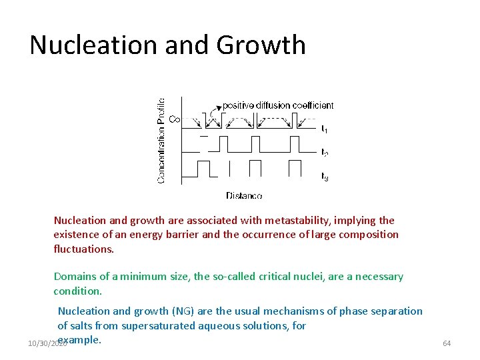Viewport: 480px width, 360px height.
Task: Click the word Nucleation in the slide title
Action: point(87,45)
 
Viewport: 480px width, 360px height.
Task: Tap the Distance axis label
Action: point(244,196)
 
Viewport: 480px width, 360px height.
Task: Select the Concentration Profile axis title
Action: point(161,141)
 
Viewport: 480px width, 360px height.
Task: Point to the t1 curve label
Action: point(324,129)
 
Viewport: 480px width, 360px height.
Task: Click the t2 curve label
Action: point(324,153)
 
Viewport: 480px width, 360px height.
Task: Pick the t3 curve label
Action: point(324,177)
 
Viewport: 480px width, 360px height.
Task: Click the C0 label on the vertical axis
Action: point(175,119)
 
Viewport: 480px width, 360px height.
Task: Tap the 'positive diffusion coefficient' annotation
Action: point(278,105)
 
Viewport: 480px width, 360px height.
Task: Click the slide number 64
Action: point(447,343)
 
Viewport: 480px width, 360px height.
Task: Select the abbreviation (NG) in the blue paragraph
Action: point(184,311)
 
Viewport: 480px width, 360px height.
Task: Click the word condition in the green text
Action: point(77,291)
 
